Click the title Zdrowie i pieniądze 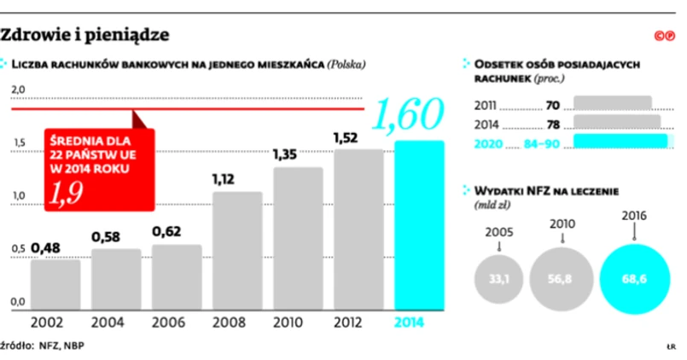point(84,35)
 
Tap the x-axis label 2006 point(177,323)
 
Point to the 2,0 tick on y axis point(19,90)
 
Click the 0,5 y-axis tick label point(19,249)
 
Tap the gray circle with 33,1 point(498,279)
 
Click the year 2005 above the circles point(498,231)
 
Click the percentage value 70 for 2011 point(551,107)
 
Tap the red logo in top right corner point(665,35)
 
